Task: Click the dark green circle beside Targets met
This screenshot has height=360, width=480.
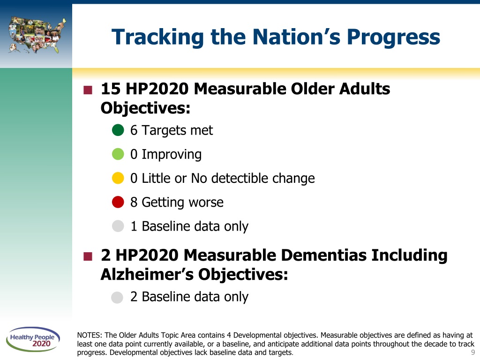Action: coord(118,130)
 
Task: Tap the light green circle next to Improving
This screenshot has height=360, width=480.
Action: coord(118,154)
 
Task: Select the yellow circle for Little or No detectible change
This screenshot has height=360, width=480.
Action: coord(118,178)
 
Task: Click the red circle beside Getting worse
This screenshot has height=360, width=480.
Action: coord(118,202)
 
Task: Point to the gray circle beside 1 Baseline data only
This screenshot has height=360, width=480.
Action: coord(118,226)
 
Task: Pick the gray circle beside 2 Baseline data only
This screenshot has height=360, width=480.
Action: coord(117,297)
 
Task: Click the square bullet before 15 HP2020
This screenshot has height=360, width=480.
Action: coord(88,90)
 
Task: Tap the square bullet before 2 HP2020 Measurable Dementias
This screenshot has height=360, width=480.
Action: coord(88,256)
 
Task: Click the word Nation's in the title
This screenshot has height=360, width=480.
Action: coord(296,37)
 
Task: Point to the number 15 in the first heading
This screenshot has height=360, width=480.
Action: coord(111,89)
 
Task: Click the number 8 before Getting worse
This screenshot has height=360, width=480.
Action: coord(134,202)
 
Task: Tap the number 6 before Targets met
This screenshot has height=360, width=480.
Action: coord(134,130)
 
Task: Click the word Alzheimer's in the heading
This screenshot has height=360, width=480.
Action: coord(147,274)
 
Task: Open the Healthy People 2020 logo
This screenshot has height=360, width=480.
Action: coord(33,339)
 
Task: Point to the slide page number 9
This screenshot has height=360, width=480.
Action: coord(473,352)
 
